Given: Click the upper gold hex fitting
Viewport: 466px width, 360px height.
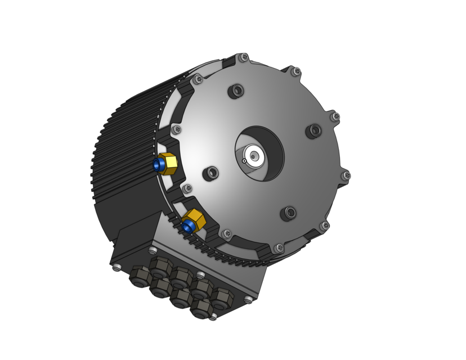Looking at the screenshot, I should [x=167, y=164].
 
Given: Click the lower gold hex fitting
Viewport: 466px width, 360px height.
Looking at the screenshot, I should [x=195, y=220].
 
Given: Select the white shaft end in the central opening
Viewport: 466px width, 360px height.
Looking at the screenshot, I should [x=254, y=155].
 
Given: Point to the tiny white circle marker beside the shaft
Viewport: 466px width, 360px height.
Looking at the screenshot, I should [x=244, y=161].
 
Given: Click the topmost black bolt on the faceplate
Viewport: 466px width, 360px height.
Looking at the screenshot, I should [x=237, y=90].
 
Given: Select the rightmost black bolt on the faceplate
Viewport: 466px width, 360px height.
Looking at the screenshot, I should [x=314, y=131].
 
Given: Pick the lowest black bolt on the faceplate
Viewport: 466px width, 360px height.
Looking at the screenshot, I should [x=289, y=213].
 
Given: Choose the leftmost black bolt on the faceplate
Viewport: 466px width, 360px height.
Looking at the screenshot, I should [x=212, y=173].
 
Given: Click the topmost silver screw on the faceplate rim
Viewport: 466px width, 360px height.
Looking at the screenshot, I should [x=244, y=57].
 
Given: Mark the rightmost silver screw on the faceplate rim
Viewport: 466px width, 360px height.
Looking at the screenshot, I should [x=347, y=175].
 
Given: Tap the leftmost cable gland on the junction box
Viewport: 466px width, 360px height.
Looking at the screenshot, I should [x=139, y=276].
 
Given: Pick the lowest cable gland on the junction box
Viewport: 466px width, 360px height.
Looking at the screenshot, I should [x=201, y=308].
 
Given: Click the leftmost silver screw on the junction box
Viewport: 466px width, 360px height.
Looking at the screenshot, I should [x=116, y=268].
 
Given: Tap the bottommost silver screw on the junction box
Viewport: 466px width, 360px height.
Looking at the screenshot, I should [x=213, y=317].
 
